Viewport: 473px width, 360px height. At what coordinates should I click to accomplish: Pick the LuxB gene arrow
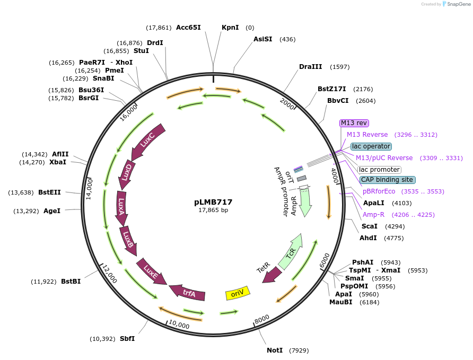[x=128, y=239]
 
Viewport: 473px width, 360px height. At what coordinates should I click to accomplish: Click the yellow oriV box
[x=237, y=293]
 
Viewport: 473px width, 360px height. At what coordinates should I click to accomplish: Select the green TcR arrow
[x=291, y=251]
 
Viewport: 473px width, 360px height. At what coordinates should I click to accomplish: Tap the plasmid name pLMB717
[x=213, y=202]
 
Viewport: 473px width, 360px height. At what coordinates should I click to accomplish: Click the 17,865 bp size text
[x=213, y=210]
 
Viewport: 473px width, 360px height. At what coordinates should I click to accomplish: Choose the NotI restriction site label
[x=275, y=350]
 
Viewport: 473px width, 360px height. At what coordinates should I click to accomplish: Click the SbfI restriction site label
[x=127, y=339]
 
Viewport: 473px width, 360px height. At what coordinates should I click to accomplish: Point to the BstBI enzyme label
[x=71, y=282]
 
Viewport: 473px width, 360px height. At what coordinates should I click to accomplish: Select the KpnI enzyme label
[x=230, y=28]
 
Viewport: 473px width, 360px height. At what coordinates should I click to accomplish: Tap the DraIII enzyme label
[x=310, y=67]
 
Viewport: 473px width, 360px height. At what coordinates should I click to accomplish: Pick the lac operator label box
[x=371, y=146]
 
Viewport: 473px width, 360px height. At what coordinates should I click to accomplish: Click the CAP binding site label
[x=387, y=180]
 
